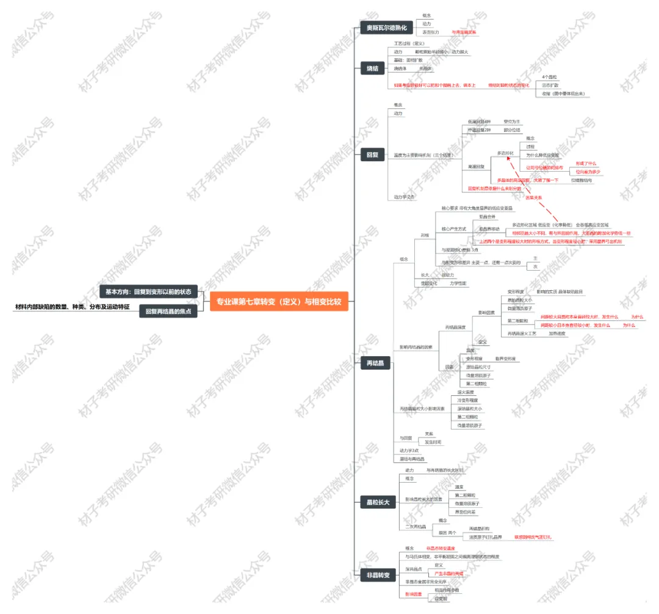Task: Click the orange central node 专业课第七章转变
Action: click(279, 301)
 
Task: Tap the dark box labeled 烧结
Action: click(372, 68)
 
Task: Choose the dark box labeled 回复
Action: click(372, 155)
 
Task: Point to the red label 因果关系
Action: click(534, 197)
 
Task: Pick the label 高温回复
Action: click(476, 166)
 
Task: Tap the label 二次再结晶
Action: click(417, 527)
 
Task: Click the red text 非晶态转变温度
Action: click(441, 548)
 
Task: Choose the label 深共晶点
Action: click(414, 569)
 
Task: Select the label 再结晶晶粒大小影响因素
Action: click(422, 408)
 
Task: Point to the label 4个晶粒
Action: click(550, 78)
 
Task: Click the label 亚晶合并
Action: click(486, 216)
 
